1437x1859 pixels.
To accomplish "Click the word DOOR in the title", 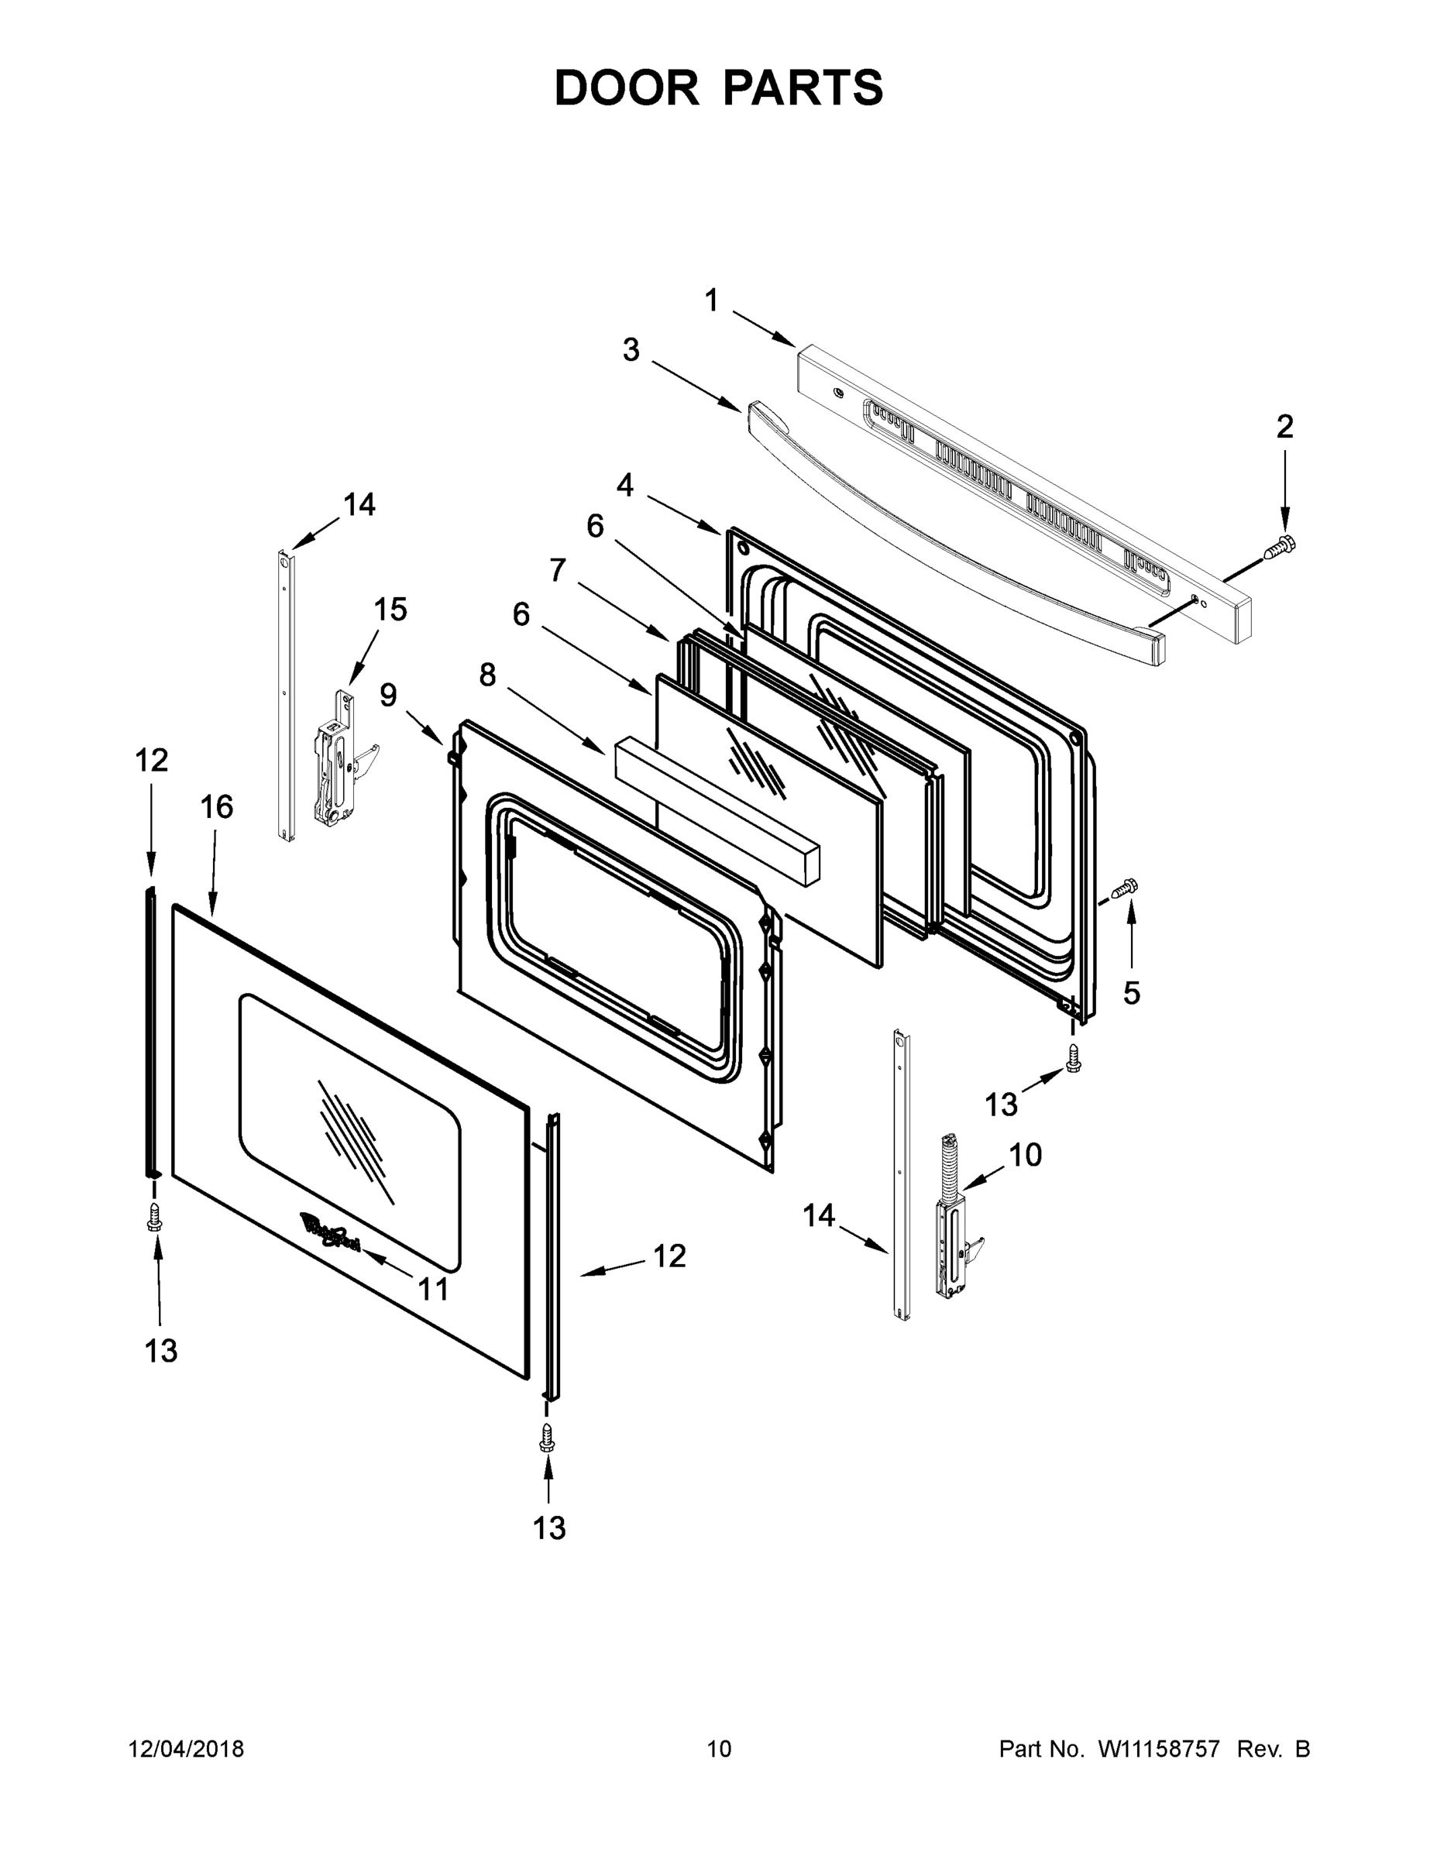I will pyautogui.click(x=626, y=88).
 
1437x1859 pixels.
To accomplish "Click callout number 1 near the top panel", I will pyautogui.click(x=712, y=301).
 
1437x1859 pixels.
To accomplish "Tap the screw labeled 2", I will pyautogui.click(x=1279, y=548).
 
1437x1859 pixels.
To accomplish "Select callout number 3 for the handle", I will pyautogui.click(x=630, y=350).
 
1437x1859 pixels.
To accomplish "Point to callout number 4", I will pyautogui.click(x=625, y=485).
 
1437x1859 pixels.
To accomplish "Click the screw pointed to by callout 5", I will pyautogui.click(x=1126, y=889).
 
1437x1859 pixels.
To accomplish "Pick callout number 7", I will pyautogui.click(x=558, y=569).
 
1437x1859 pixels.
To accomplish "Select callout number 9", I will pyautogui.click(x=388, y=696).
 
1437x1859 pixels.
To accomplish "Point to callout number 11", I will pyautogui.click(x=433, y=1290).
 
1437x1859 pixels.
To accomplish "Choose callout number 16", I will pyautogui.click(x=216, y=806).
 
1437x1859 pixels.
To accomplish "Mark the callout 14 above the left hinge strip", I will pyautogui.click(x=359, y=505).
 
